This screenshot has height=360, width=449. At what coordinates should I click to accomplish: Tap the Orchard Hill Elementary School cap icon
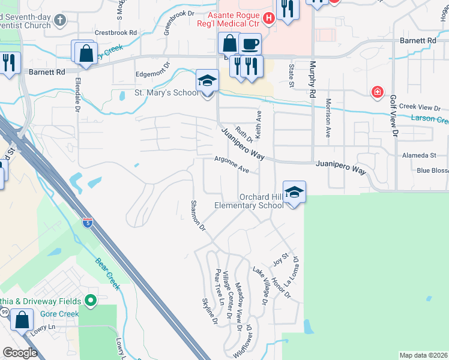coord(294,192)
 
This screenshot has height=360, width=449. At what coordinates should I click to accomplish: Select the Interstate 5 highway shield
coord(88,222)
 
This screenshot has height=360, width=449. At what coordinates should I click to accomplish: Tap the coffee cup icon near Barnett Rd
coord(250,44)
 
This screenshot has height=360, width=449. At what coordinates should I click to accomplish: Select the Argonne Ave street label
coord(232,164)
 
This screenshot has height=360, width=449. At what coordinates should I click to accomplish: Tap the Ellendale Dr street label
coord(78,94)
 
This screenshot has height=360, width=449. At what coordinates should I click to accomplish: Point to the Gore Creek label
coord(59,314)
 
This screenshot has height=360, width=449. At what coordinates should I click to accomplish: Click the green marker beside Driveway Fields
coord(91,300)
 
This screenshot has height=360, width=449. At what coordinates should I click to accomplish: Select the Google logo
coord(20,353)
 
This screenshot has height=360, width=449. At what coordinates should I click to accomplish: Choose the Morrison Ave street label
coord(328,118)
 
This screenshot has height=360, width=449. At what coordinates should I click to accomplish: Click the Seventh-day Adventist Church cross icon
coord(59,20)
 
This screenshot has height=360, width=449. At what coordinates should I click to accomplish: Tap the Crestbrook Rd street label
coord(116,32)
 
